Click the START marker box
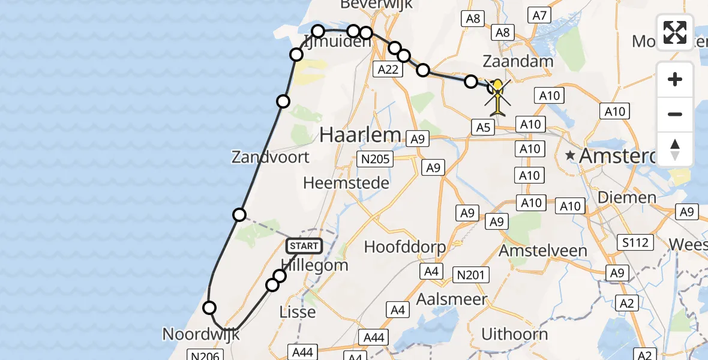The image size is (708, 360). click(304, 246)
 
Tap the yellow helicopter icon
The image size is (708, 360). click(498, 97)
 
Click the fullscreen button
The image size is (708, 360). click(675, 32)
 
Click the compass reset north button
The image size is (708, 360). click(675, 149)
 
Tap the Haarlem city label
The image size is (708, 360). click(360, 134)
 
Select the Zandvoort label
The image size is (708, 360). click(271, 157)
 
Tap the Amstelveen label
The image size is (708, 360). click(543, 249)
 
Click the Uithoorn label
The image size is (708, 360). click(515, 334)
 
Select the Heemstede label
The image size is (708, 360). click(346, 182)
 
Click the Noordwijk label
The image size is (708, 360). click(201, 334)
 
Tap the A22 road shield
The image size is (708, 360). click(388, 69)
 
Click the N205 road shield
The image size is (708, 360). click(374, 159)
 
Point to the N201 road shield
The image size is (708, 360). click(473, 275)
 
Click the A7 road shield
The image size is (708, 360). click(539, 16)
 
